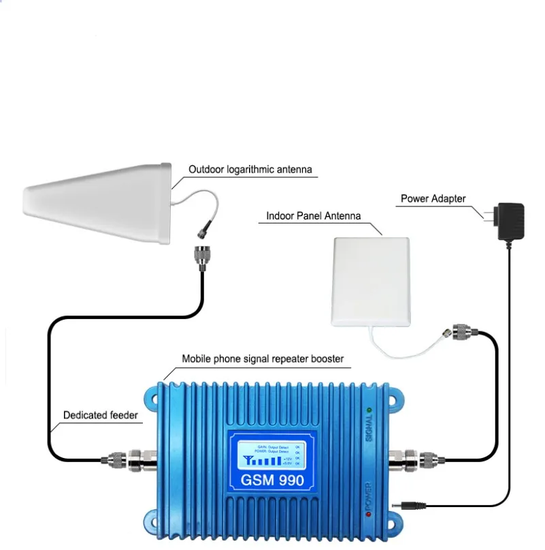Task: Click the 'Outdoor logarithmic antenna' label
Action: click(252, 170)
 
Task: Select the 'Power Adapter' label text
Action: click(433, 199)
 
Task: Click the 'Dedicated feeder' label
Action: click(101, 414)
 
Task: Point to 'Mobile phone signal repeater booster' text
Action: click(263, 358)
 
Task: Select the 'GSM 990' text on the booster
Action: click(272, 480)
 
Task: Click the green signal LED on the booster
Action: click(368, 410)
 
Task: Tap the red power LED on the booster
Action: click(368, 513)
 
